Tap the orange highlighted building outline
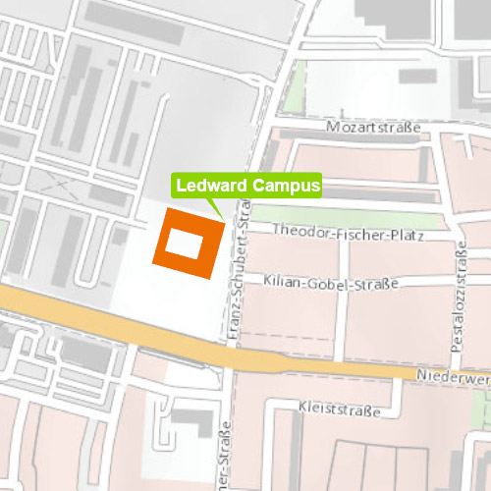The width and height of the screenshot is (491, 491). tap(160, 245)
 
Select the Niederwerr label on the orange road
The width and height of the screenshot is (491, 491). tap(451, 376)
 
